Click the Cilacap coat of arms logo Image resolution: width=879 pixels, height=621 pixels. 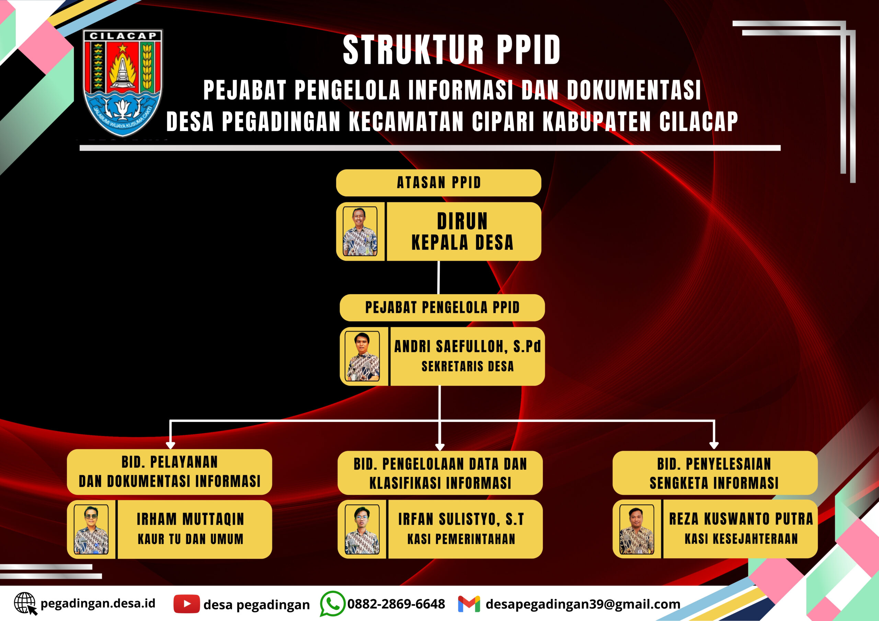tap(123, 83)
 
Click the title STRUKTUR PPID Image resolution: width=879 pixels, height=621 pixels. tap(452, 50)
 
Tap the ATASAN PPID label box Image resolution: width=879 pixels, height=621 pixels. tap(438, 183)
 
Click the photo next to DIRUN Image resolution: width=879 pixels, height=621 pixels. tap(360, 231)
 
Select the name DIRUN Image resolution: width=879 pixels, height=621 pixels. tap(462, 221)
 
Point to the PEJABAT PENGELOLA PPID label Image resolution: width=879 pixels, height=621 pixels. tap(442, 307)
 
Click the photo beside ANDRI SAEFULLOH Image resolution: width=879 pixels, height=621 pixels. tap(362, 356)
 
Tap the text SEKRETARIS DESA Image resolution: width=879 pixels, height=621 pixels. tap(467, 366)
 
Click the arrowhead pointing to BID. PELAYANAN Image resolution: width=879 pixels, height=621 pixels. tap(170, 445)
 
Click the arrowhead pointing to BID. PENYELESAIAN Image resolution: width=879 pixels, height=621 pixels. tap(714, 445)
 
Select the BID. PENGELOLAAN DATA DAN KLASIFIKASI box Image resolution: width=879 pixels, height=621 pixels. tap(440, 473)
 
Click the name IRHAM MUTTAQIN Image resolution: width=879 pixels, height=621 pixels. tap(190, 519)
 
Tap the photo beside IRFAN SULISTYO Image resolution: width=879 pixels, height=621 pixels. tap(362, 529)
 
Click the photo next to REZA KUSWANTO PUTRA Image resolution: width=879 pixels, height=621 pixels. tap(637, 529)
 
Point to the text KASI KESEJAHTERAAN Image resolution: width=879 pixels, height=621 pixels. tap(741, 539)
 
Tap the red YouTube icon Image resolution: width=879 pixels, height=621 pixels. tap(186, 604)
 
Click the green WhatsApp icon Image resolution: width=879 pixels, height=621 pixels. tap(332, 604)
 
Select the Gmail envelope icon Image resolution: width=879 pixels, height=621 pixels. tap(469, 604)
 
